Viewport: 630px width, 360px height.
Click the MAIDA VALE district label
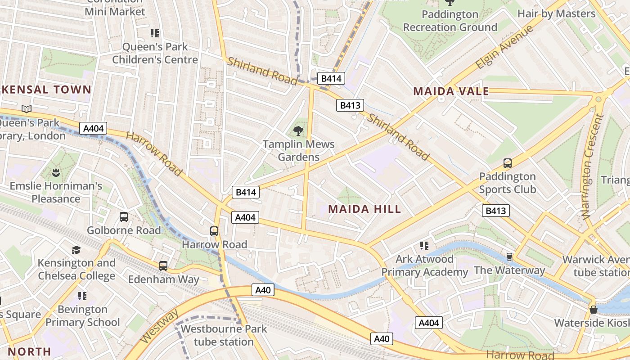(451, 91)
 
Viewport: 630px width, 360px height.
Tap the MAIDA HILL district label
(364, 209)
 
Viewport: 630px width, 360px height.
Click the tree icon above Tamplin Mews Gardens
(298, 131)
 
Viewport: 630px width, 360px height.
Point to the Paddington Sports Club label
(507, 183)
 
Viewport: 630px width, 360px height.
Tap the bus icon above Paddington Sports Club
(507, 163)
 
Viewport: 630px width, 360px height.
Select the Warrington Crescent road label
(592, 166)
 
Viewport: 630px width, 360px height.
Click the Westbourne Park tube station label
(224, 335)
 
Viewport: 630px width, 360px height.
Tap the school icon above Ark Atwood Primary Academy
(424, 246)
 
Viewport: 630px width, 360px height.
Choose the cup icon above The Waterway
(509, 257)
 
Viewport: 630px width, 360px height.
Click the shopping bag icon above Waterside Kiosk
(594, 310)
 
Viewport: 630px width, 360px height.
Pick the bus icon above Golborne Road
(124, 217)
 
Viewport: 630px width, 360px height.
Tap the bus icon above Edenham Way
(163, 266)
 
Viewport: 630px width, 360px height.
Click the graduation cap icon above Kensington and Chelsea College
(76, 250)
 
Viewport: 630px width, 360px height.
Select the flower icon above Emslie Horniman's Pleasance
(56, 172)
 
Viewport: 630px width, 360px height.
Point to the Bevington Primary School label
(83, 316)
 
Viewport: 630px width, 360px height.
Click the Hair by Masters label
(556, 13)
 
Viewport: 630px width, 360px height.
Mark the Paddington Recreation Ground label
(450, 21)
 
